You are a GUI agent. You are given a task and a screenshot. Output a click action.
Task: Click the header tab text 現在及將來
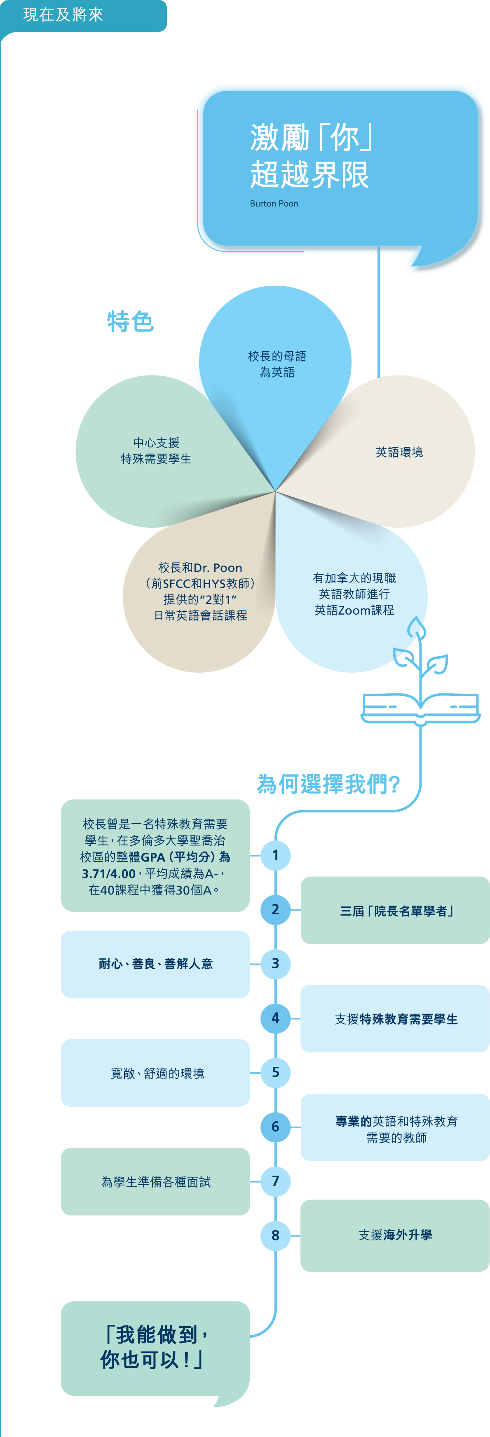click(63, 14)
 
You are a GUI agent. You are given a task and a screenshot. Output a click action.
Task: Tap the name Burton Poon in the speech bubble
click(274, 204)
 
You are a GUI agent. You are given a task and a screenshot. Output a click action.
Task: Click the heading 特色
click(131, 322)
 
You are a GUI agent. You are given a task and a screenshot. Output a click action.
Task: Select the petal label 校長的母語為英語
click(277, 364)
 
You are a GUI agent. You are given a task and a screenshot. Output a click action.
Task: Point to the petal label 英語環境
click(399, 452)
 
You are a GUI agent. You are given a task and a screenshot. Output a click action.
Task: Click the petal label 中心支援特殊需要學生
click(156, 451)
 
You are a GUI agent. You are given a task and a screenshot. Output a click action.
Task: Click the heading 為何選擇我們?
click(328, 784)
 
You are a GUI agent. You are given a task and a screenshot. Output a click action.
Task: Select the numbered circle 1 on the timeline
click(275, 855)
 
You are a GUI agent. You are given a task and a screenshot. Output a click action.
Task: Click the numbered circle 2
click(275, 909)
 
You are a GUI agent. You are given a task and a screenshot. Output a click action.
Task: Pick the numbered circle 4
click(275, 1017)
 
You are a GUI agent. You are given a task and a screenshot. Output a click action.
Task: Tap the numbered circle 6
click(275, 1126)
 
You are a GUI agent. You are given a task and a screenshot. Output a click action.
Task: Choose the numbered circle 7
click(275, 1181)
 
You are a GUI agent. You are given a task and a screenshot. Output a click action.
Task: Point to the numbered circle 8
click(275, 1235)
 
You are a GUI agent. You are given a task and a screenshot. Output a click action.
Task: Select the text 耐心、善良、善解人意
click(155, 963)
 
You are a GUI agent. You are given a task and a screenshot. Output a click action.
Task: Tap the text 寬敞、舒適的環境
click(157, 1073)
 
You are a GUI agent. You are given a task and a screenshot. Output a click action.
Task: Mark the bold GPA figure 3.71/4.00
click(109, 873)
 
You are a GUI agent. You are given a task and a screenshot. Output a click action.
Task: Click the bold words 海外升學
click(408, 1235)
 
